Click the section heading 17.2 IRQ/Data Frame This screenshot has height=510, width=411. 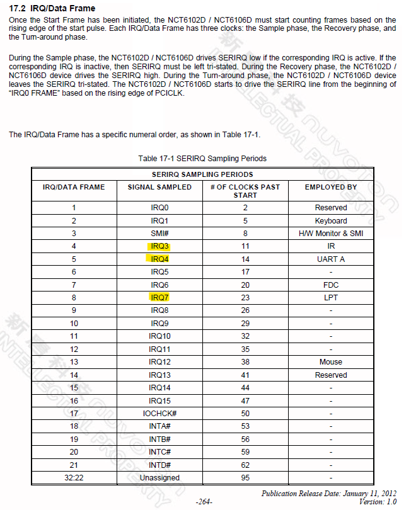(54, 8)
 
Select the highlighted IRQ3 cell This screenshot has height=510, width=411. (159, 246)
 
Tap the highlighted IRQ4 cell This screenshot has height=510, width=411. (159, 259)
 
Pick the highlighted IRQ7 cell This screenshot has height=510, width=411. (159, 297)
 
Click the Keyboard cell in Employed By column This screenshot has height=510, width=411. (330, 220)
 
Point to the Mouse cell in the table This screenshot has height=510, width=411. (330, 361)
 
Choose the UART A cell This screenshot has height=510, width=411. (330, 259)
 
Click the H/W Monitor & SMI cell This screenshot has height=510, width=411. (330, 233)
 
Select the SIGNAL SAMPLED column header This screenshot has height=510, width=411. (159, 187)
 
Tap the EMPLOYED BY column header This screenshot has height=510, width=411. (330, 187)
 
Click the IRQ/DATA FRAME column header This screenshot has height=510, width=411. (74, 187)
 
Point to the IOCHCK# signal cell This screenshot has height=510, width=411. (159, 413)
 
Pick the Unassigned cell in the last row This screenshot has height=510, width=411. (159, 477)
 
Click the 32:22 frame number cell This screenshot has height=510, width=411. (74, 477)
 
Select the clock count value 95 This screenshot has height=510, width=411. (245, 477)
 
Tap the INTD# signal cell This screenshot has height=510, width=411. (159, 465)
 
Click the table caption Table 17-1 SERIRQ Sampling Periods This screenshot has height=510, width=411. (202, 158)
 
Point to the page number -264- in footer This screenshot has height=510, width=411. (204, 502)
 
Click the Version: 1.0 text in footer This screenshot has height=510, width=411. (378, 501)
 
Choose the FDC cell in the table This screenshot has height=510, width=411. (330, 285)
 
